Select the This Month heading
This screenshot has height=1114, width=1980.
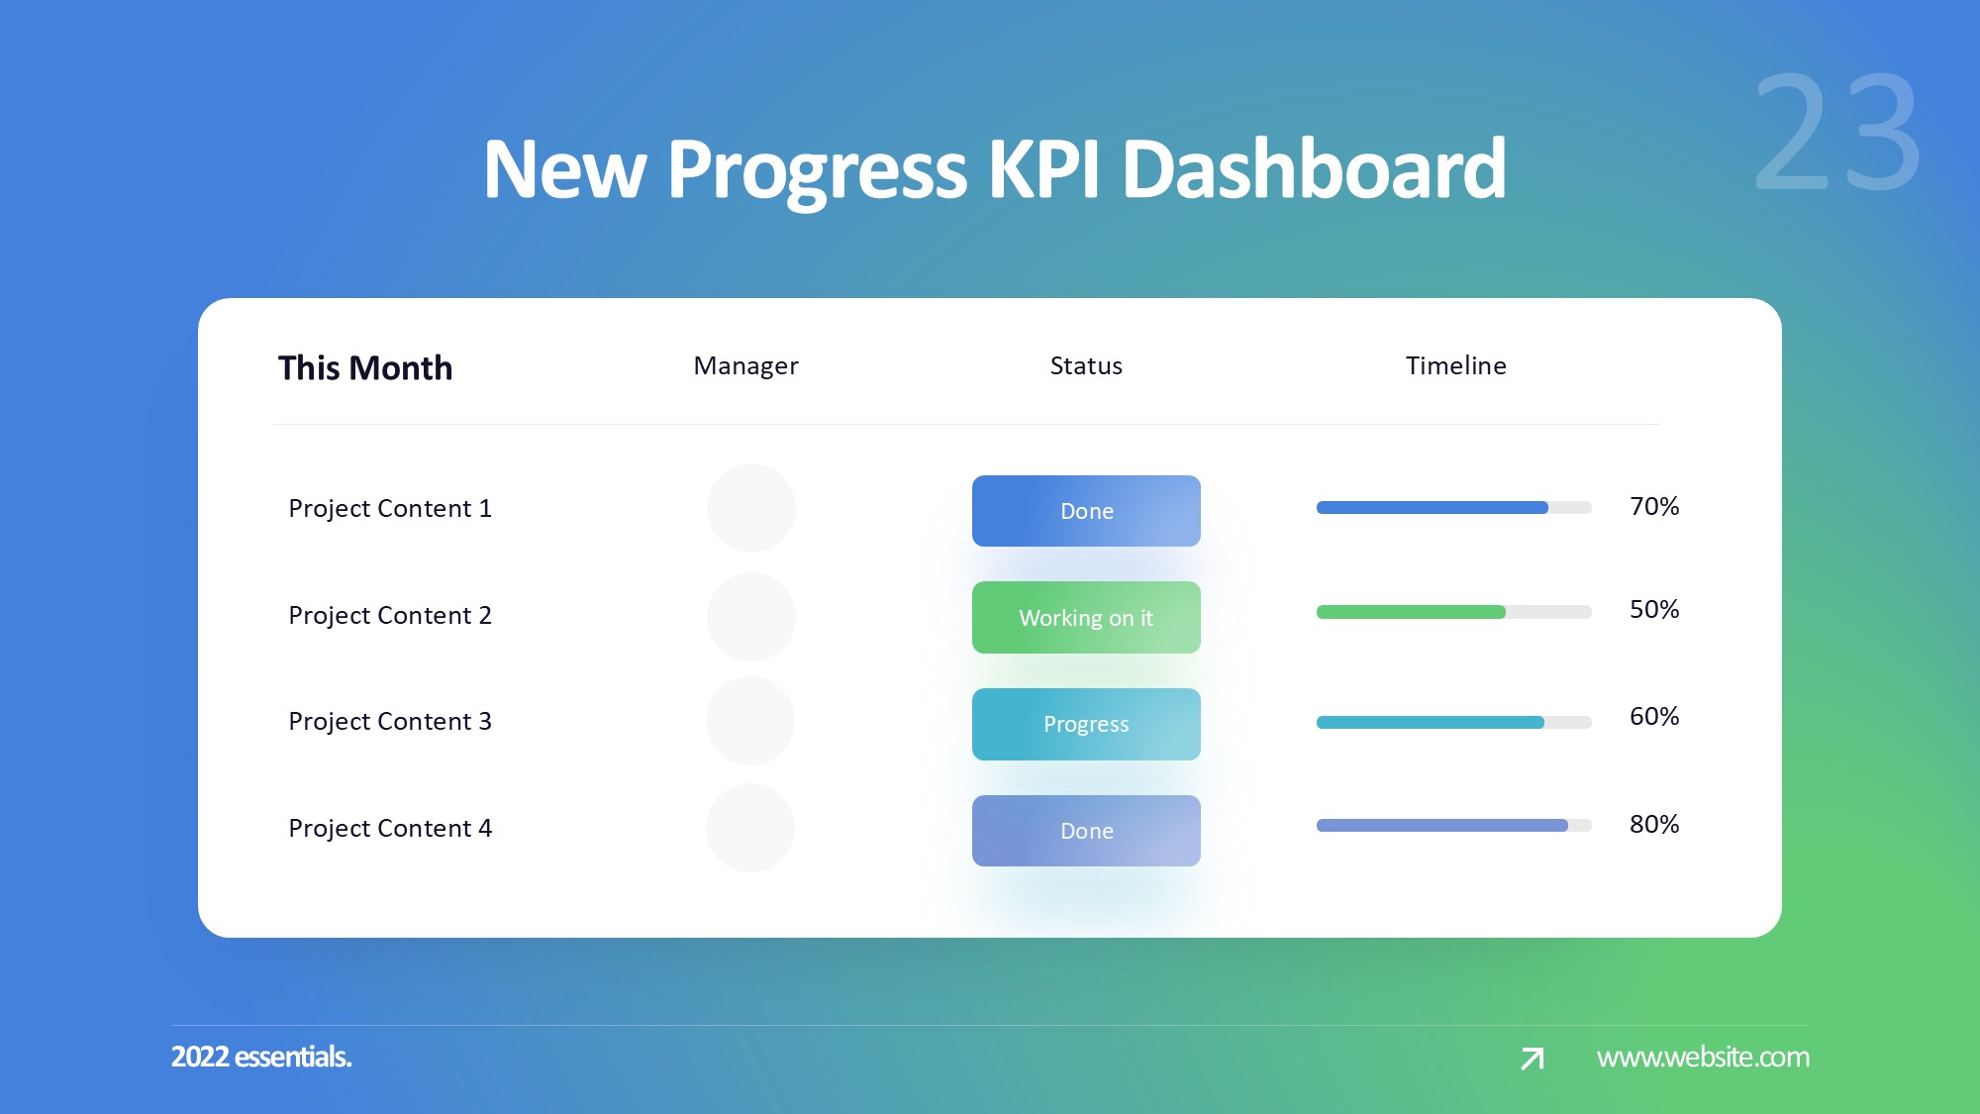coord(365,368)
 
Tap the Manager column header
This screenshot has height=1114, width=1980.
coord(745,366)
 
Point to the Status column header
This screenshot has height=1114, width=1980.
coord(1086,366)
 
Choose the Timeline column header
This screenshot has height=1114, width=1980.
coord(1456,366)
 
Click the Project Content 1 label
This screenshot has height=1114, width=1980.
coord(390,509)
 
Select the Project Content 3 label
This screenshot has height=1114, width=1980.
coord(390,722)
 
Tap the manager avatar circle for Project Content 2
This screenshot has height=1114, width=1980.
coord(751,617)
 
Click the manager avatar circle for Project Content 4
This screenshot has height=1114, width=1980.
coord(750,828)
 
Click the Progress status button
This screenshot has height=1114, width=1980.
coord(1086,724)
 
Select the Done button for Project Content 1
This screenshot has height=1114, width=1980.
coord(1086,511)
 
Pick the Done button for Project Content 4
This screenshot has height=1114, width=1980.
coord(1086,831)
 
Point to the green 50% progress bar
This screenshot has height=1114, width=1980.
coord(1411,612)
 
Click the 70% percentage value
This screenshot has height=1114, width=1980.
coord(1654,507)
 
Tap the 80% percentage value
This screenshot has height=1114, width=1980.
coord(1654,825)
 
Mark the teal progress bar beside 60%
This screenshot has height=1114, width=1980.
coord(1431,723)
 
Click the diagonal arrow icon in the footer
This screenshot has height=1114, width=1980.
coord(1533,1059)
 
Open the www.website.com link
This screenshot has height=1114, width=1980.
coord(1703,1058)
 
